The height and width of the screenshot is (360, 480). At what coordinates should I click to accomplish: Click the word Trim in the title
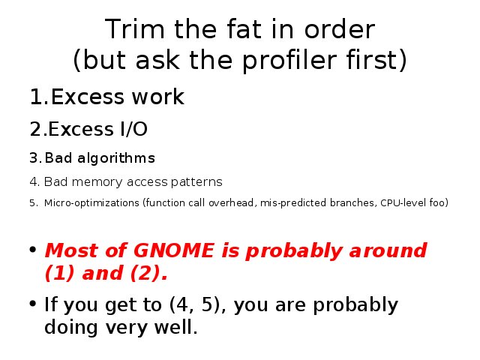134,29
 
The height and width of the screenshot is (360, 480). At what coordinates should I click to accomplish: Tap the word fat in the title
244,29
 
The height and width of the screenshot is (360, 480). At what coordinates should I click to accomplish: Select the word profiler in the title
289,60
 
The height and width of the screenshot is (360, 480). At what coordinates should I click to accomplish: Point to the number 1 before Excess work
36,97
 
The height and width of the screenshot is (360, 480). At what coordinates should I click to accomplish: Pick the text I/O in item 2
133,129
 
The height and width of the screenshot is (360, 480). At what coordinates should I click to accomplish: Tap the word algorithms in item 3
116,159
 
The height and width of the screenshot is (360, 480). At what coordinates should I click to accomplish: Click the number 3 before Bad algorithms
33,158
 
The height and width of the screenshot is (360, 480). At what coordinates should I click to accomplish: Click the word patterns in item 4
196,182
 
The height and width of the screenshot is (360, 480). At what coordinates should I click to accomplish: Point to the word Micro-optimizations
91,203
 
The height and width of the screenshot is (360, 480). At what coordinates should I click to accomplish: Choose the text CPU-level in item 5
403,202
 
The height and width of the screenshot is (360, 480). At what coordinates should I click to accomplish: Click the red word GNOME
174,250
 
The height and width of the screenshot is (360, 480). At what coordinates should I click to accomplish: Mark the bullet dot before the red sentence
33,249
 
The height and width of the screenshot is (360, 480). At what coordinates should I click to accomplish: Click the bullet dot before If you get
33,304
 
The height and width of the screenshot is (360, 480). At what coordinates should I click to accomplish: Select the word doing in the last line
71,327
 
